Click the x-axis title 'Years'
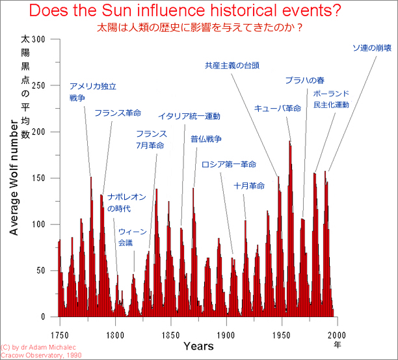click(198, 346)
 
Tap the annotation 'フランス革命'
click(117, 113)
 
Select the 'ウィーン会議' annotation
click(132, 237)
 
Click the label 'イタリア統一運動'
click(189, 117)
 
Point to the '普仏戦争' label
click(206, 139)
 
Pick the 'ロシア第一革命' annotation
click(229, 163)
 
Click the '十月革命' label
click(249, 186)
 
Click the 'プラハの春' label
click(304, 81)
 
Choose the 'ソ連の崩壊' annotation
click(371, 48)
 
